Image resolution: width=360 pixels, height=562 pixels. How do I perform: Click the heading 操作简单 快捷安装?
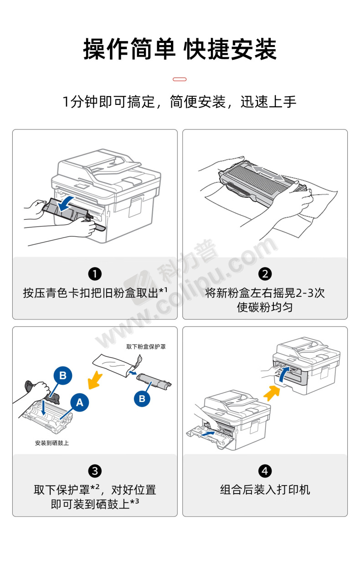180,49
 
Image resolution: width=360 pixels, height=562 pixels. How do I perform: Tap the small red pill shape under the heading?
180,79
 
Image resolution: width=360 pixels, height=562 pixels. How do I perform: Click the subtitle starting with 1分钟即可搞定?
180,102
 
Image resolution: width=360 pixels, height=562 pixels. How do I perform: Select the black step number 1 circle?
95,274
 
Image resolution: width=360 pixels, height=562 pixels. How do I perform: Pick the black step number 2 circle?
265,274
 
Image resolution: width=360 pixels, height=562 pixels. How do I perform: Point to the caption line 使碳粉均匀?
265,307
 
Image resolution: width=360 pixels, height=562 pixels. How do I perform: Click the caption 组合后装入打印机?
265,490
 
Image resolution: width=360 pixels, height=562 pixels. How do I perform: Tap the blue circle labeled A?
80,402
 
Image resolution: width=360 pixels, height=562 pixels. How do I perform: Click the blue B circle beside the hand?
63,376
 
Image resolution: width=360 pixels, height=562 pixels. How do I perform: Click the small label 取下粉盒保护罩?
146,346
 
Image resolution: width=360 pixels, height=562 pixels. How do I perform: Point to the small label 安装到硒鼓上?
52,443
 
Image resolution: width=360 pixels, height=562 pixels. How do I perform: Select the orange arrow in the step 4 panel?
272,392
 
